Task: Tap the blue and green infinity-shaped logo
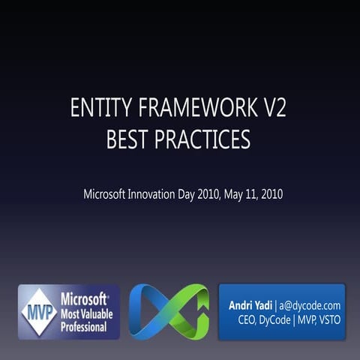169,311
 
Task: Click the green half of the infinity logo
188,311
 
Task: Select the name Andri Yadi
250,305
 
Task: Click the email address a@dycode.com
310,305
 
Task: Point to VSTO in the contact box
327,320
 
